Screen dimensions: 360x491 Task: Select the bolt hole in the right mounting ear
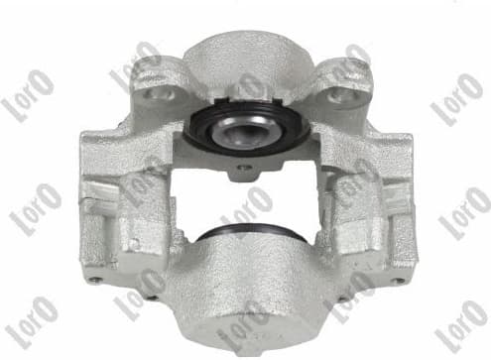pos(339,95)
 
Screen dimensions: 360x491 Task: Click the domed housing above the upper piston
pos(243,60)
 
